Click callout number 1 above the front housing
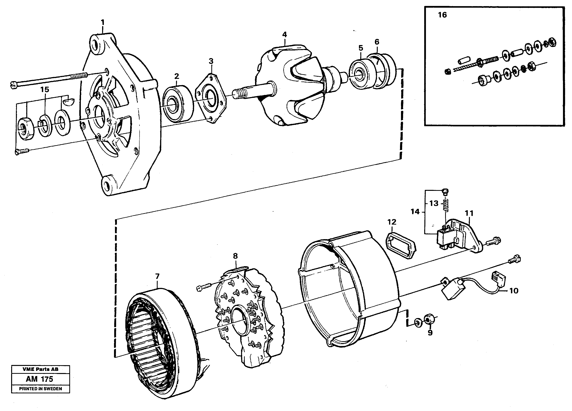(103, 23)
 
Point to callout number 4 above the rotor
(284, 35)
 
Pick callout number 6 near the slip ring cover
(377, 42)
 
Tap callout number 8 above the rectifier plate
(235, 256)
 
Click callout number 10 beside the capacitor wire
(514, 291)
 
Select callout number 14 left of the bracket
(415, 212)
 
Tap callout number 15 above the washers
(45, 89)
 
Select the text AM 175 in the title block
(40, 379)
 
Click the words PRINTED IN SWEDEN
(40, 389)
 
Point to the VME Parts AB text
(40, 369)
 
